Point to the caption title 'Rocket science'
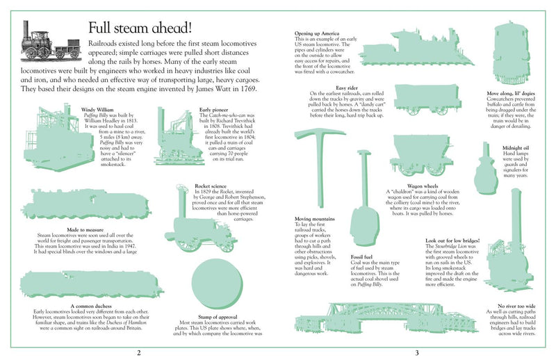pos(211,186)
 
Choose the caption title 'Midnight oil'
pos(518,147)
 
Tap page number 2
pos(139,352)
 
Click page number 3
pos(417,352)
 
